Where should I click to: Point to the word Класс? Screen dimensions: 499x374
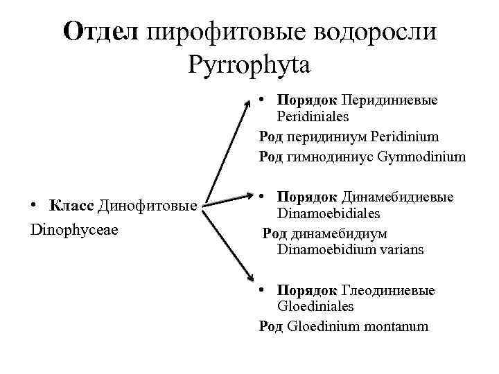point(73,206)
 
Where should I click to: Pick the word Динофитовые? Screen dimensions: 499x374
point(149,206)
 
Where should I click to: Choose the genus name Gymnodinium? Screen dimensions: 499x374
point(422,157)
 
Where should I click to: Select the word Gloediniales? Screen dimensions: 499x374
point(315,306)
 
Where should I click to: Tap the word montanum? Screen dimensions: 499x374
point(398,326)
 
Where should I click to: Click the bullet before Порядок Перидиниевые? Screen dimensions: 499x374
point(264,99)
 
